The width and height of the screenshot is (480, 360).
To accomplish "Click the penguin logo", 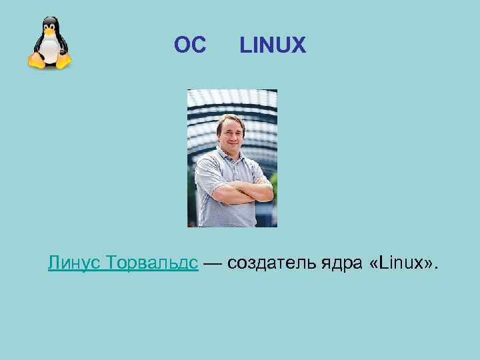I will pos(49,43).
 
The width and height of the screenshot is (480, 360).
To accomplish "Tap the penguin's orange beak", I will pos(49,31).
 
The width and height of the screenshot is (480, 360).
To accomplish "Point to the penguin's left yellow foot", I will pos(36,62).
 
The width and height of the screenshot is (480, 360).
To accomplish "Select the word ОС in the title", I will pos(190,45).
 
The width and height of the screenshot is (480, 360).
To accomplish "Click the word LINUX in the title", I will pos(273,45).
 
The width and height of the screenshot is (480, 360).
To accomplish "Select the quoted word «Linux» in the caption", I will pos(399,263).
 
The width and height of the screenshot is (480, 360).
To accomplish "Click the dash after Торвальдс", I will pos(213,263).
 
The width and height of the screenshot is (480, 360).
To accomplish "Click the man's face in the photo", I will pos(231,133).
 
